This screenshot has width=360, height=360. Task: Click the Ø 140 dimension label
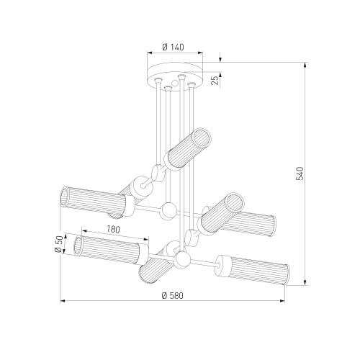click(x=173, y=47)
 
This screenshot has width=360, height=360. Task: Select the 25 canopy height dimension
click(x=215, y=80)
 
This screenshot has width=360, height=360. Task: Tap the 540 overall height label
click(x=300, y=174)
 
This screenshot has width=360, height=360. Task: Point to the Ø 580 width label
click(x=172, y=295)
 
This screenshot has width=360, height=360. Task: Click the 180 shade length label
click(x=113, y=230)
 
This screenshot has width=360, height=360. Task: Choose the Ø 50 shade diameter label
click(x=59, y=244)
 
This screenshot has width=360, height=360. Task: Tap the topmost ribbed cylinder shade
click(x=188, y=150)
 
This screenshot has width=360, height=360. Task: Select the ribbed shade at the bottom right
click(x=253, y=270)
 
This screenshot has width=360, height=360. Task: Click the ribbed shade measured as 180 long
click(x=111, y=250)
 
